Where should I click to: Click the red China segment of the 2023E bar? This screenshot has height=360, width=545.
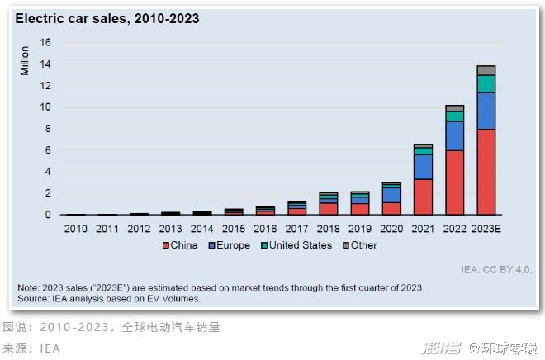pos(486,172)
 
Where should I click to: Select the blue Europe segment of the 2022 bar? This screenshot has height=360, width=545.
pos(455,136)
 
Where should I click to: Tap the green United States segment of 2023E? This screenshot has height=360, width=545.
pos(486,83)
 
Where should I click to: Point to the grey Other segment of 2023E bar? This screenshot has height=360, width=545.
pos(486,70)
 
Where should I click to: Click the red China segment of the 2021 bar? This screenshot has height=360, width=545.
pos(423,197)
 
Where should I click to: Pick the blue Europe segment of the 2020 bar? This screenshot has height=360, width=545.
pos(391,195)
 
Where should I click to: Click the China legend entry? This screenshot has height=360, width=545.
pos(180,245)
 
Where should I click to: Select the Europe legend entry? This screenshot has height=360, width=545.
pos(229,245)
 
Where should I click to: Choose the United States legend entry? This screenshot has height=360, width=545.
pos(296,245)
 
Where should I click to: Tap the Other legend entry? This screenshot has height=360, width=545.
pos(360,245)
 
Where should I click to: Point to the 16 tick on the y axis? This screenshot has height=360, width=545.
pos(45,42)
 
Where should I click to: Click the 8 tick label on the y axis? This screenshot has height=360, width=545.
pos(48,129)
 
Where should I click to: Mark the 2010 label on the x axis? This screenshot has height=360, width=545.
pos(76,229)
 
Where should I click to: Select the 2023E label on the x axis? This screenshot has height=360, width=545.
pos(486,229)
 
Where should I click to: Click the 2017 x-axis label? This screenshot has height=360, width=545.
pos(296,229)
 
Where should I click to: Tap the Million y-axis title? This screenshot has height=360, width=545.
pos(24,61)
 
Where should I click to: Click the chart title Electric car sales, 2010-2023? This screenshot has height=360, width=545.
pos(107,18)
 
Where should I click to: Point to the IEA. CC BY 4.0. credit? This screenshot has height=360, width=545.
pos(496,270)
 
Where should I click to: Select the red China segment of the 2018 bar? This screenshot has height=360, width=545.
pos(329,209)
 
